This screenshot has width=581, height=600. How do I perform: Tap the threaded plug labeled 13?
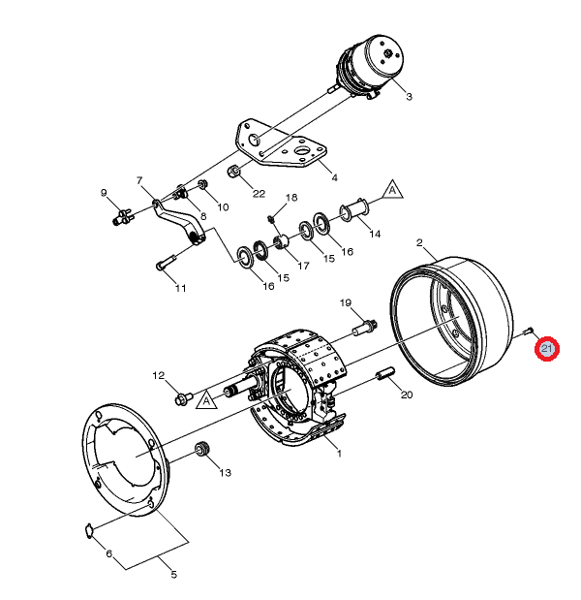pos(202,451)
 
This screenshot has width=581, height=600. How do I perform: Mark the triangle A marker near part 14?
pos(392,189)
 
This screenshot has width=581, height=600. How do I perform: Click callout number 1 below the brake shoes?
pos(339,453)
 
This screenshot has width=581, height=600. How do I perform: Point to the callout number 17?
pos(303,266)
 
